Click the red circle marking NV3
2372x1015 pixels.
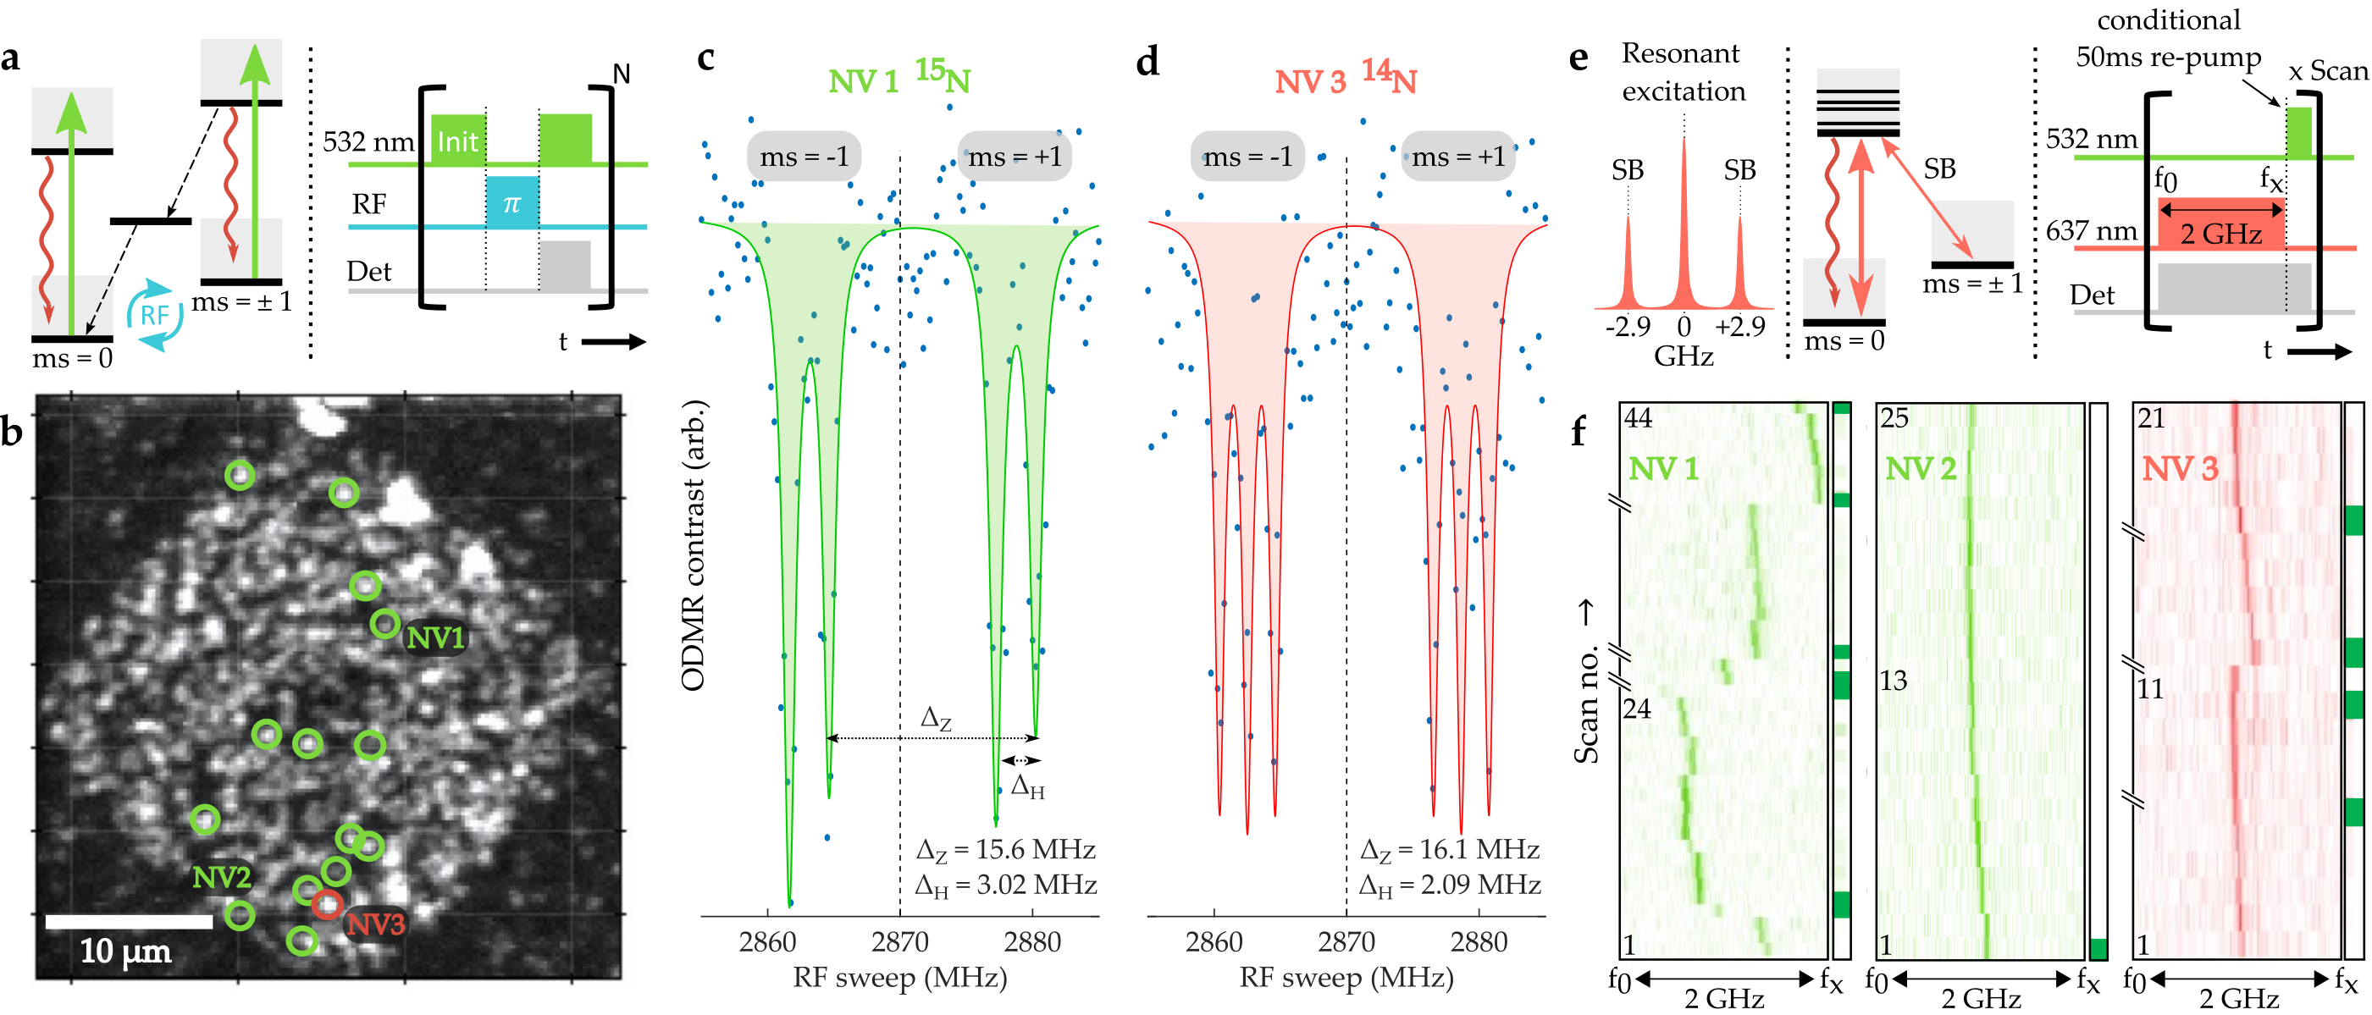pos(327,905)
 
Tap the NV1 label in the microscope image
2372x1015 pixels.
pos(435,637)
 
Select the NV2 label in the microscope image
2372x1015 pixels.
pos(221,877)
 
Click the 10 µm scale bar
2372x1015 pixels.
pos(129,921)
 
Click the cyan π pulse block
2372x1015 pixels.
pos(512,202)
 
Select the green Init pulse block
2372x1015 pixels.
pos(457,141)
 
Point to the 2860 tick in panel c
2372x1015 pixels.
pos(767,941)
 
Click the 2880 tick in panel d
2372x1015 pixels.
pos(1479,941)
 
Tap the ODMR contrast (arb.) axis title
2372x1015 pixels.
pos(693,545)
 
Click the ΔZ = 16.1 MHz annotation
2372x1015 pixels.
pos(1449,848)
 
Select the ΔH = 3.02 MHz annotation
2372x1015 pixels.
pos(1005,885)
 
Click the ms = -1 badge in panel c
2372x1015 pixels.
pos(804,157)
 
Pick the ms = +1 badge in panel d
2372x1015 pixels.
pos(1458,157)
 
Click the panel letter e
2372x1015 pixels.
pos(1579,57)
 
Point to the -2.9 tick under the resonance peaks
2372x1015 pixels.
pos(1627,327)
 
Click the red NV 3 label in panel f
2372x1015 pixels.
pos(2180,469)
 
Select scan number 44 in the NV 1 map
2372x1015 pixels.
pos(1638,419)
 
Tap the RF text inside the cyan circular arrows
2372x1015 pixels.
pos(154,316)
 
